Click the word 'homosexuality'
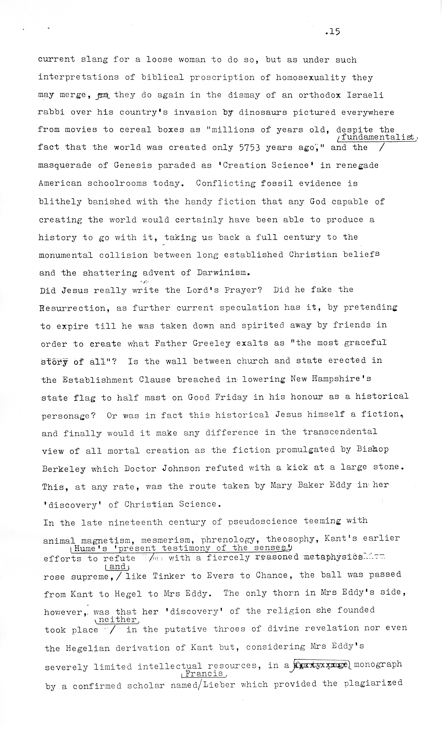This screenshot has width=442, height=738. coord(311,78)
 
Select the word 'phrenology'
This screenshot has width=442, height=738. coord(228,539)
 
